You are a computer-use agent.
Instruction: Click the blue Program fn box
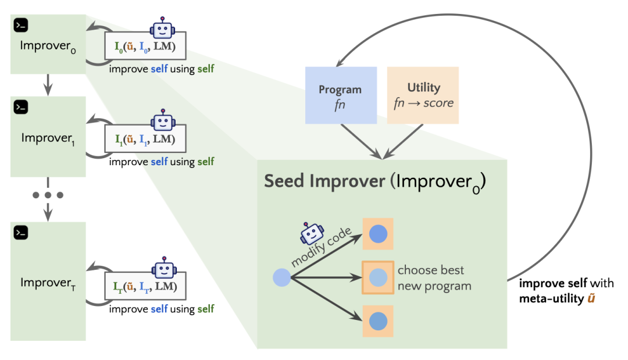click(x=341, y=95)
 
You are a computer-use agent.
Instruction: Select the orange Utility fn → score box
click(x=423, y=95)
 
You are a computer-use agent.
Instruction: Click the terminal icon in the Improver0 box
click(x=22, y=25)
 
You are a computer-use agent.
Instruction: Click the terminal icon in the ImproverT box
click(x=22, y=233)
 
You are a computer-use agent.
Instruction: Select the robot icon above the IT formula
click(x=163, y=268)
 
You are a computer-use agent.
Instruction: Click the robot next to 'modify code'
click(x=312, y=234)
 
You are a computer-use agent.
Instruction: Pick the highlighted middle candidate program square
click(x=378, y=277)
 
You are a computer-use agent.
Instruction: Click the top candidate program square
click(x=378, y=234)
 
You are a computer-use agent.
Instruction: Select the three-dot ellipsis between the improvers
click(x=48, y=194)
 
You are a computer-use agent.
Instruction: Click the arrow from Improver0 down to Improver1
click(x=48, y=86)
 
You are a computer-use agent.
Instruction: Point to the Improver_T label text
click(x=45, y=283)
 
